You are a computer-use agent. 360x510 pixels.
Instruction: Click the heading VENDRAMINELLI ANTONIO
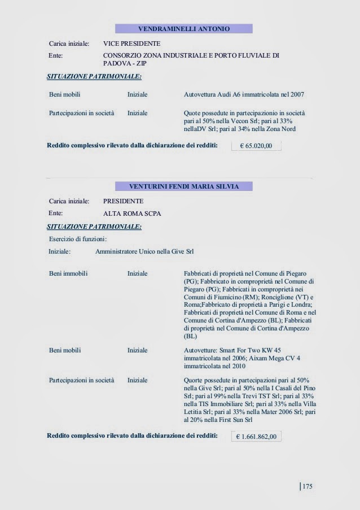point(183,28)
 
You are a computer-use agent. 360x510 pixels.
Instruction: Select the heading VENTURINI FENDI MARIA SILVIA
point(183,186)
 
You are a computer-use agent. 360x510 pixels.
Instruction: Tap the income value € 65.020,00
point(256,146)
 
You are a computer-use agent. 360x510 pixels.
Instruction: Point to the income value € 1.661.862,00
point(256,437)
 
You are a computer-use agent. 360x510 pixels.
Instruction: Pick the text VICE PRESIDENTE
point(131,43)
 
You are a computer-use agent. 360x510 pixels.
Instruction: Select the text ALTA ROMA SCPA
point(129,214)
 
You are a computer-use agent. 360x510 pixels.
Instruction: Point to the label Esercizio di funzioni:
point(73,239)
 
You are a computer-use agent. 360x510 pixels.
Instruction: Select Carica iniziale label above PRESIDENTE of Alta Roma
point(69,201)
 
